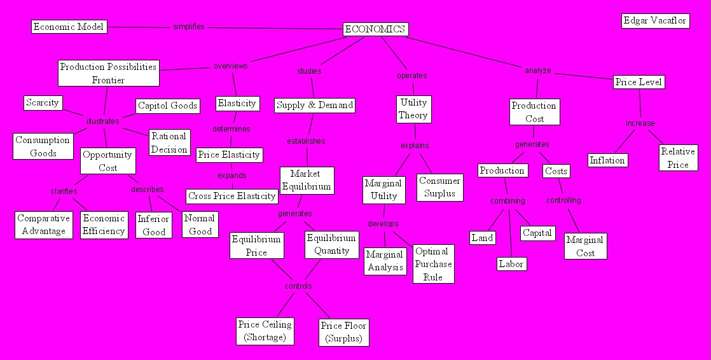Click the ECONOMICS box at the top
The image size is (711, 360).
point(375,29)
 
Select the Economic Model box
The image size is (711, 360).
point(69,27)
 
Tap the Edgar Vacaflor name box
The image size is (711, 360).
point(655,21)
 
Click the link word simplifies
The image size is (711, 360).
point(189,27)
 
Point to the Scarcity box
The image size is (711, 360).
point(43,102)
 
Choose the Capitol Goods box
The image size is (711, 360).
point(168,106)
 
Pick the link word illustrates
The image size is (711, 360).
point(103,121)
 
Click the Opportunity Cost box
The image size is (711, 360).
point(107,161)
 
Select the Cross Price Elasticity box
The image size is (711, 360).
point(232,196)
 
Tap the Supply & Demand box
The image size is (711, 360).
point(315,105)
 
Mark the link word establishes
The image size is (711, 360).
point(306,141)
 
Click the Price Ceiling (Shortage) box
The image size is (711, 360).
point(265,331)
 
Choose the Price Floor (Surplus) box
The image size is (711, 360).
point(343,332)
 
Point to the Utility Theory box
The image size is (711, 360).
point(413,109)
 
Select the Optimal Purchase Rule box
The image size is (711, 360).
point(433,264)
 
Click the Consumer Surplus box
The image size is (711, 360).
point(440,187)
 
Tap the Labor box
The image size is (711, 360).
point(511,263)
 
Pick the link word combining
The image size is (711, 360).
point(507,201)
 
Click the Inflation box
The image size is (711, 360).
point(607,160)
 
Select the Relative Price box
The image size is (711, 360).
point(677,158)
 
